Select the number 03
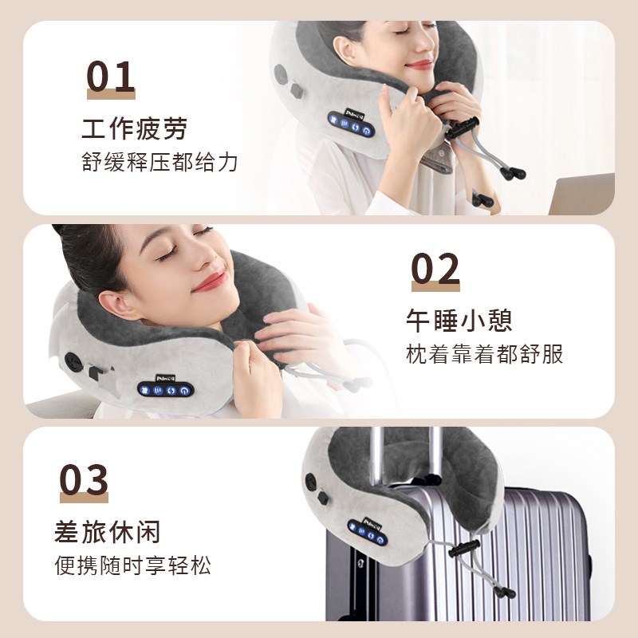(84, 481)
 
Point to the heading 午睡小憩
(459, 320)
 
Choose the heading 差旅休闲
(108, 531)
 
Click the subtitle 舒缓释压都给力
(159, 162)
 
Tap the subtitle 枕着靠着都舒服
(484, 354)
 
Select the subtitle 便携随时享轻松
(133, 565)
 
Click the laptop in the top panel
(581, 195)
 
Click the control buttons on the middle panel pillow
(164, 389)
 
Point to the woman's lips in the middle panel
(209, 281)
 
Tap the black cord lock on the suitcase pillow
(462, 551)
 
